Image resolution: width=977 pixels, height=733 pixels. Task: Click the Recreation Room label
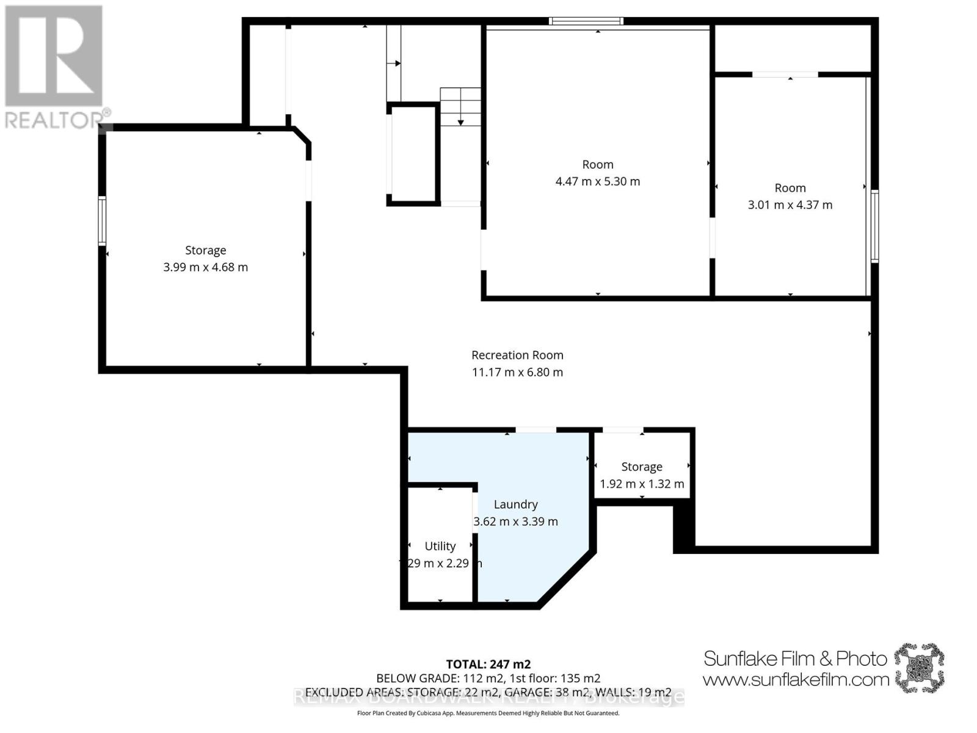517,355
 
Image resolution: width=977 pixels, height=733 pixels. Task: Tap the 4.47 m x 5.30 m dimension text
597,181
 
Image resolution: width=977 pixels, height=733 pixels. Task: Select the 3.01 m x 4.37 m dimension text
790,205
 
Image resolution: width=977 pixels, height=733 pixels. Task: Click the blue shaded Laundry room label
515,505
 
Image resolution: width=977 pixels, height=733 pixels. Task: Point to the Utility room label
440,546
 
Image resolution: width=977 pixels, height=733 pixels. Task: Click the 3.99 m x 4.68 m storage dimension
205,267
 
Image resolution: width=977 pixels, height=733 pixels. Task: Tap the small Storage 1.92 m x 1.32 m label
641,467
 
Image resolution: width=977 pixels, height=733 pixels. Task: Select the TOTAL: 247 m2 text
488,664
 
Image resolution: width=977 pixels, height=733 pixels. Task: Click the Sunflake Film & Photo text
794,658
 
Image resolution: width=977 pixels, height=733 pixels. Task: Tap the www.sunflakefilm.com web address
795,679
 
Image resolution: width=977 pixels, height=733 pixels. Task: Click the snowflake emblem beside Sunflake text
919,667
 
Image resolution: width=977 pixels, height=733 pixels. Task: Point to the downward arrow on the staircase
460,122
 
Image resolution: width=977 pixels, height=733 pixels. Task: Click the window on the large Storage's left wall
102,221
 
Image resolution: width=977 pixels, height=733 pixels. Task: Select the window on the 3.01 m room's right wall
874,226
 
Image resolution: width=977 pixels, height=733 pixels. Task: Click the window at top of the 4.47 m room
586,21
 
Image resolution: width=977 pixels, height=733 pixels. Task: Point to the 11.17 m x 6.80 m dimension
517,372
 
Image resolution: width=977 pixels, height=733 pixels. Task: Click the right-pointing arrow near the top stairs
396,63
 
